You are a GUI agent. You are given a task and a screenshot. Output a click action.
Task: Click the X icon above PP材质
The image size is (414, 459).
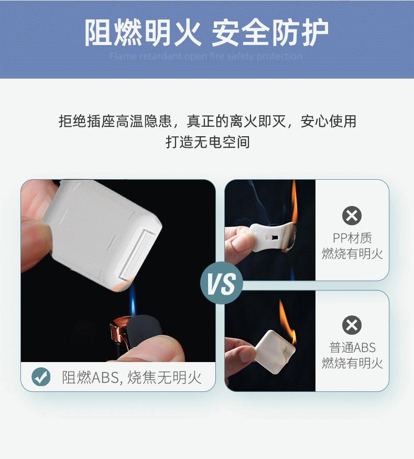[x=352, y=215]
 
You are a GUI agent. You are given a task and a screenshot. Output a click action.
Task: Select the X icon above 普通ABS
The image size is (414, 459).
[x=352, y=325]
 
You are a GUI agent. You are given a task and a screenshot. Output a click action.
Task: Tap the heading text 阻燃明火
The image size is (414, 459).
[x=143, y=34]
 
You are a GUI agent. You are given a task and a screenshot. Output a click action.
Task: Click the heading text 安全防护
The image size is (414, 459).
[x=270, y=34]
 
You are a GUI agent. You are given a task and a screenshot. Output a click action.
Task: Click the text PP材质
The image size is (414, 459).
[x=352, y=238]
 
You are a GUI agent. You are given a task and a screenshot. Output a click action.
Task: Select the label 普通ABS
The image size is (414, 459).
[x=352, y=347]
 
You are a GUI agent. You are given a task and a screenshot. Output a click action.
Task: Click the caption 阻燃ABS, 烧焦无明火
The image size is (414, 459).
[x=132, y=377]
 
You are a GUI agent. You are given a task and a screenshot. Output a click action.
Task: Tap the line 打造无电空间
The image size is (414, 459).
[x=208, y=141]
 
